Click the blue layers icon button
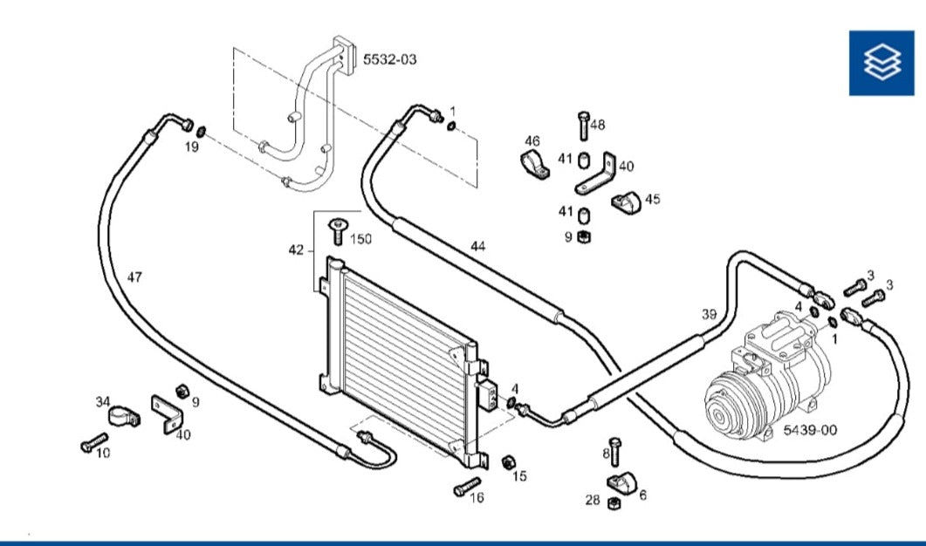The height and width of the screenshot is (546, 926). tap(881, 62)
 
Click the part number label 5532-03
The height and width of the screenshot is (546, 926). tap(390, 59)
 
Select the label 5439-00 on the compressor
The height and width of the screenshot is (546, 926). tap(809, 430)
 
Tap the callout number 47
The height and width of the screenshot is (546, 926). tap(134, 277)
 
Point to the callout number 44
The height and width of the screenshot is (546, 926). tap(477, 246)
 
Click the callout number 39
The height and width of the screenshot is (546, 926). tap(709, 314)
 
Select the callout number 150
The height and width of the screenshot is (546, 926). tap(360, 239)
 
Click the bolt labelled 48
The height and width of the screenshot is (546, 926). tap(583, 126)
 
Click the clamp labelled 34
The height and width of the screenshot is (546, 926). tap(124, 416)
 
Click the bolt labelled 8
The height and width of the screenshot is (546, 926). tap(615, 451)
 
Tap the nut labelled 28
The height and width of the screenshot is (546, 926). tap(613, 502)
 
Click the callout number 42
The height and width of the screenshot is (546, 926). tap(296, 250)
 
